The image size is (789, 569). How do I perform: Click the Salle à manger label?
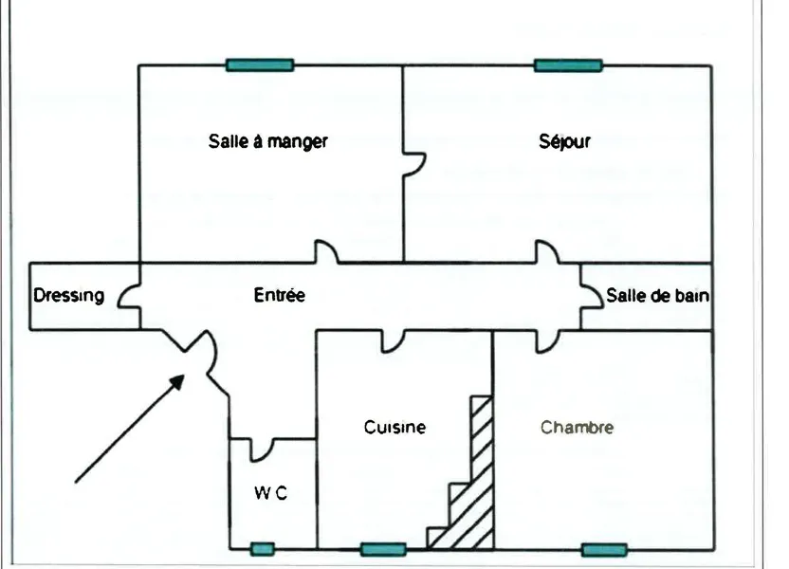click(268, 141)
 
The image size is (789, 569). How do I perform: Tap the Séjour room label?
click(564, 141)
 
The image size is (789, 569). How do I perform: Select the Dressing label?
click(69, 295)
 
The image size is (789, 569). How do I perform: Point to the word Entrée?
click(279, 295)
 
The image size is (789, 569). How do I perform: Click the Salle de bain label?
click(658, 295)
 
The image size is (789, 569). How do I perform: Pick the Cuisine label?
click(395, 427)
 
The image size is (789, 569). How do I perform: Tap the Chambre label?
click(578, 427)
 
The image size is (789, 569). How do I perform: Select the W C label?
click(270, 493)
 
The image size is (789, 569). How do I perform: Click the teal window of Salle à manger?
click(260, 64)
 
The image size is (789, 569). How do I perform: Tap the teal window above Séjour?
click(568, 65)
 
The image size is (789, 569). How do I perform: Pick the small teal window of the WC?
click(263, 549)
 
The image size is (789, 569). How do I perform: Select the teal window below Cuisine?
click(383, 549)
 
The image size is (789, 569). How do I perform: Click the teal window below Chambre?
click(604, 550)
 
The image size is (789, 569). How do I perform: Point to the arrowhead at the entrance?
click(176, 382)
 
